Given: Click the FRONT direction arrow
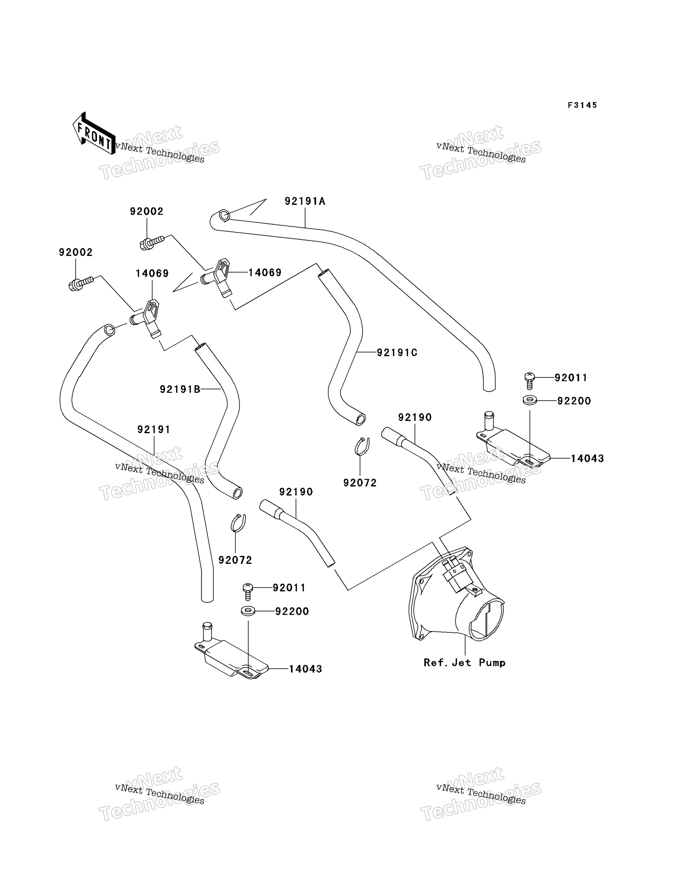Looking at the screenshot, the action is pyautogui.click(x=94, y=133).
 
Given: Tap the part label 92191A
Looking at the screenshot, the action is pyautogui.click(x=305, y=201).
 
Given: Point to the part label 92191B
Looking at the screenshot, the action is pyautogui.click(x=180, y=389).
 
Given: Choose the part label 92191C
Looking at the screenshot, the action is pyautogui.click(x=397, y=352).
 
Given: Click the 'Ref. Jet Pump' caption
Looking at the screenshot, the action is pyautogui.click(x=465, y=663).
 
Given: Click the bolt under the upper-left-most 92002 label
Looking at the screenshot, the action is pyautogui.click(x=81, y=283).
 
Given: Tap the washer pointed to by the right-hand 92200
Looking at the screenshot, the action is pyautogui.click(x=530, y=400).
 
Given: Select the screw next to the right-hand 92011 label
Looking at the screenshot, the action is pyautogui.click(x=529, y=381).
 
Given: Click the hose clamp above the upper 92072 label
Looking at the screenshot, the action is pyautogui.click(x=362, y=446).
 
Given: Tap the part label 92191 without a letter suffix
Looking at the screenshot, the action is pyautogui.click(x=154, y=429).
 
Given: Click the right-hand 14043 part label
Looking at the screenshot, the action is pyautogui.click(x=587, y=458).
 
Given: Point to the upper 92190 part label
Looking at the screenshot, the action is pyautogui.click(x=415, y=417).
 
